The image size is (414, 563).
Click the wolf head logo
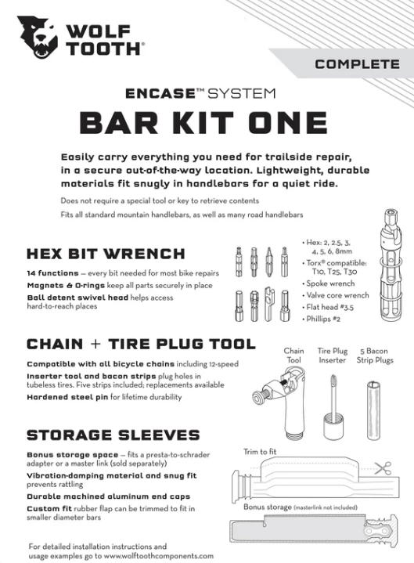point(38,37)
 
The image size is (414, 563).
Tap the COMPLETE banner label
point(358,64)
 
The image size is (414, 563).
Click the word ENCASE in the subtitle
point(160,94)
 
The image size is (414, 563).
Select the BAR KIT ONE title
point(203,122)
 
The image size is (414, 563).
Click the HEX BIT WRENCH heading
point(106,254)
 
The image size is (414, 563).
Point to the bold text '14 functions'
point(52,273)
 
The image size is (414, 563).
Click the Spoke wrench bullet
point(329,283)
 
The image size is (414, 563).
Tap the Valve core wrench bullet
point(336,295)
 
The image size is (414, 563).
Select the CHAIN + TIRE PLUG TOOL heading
point(142,344)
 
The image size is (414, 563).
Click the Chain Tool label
point(293,355)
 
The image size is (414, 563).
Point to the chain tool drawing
point(283,402)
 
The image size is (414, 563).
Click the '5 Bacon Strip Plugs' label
point(375,355)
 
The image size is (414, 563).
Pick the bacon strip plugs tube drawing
point(373,410)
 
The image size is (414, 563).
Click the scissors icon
point(383,468)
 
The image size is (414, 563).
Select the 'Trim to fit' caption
point(260,451)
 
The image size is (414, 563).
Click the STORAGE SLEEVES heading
point(113,435)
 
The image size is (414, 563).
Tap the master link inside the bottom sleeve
point(374,532)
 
